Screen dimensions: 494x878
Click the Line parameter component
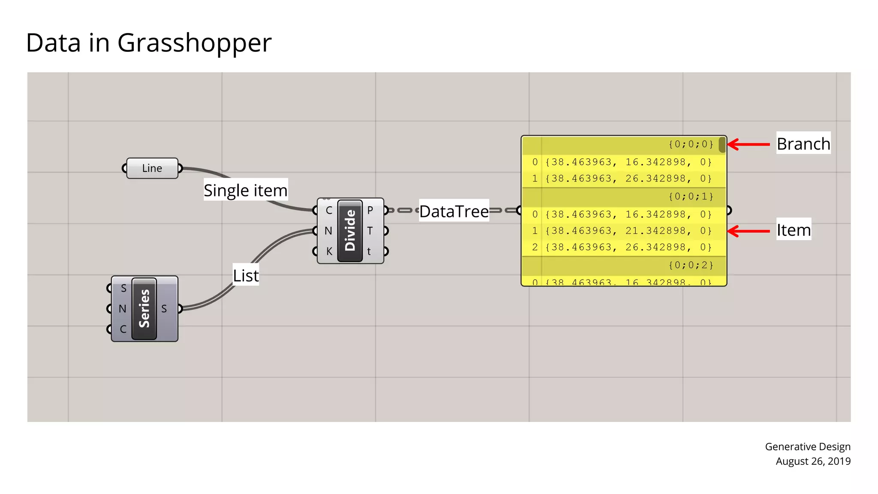pos(152,168)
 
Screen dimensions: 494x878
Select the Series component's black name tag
pos(144,308)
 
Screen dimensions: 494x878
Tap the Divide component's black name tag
pos(350,230)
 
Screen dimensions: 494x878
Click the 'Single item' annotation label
pos(245,190)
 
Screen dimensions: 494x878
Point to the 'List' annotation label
pos(246,275)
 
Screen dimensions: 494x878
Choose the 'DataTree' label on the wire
pos(454,211)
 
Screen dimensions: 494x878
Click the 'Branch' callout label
pos(803,144)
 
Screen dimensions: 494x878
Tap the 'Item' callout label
pos(794,230)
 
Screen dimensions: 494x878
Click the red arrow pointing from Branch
pos(749,145)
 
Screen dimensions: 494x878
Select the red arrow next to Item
pos(749,231)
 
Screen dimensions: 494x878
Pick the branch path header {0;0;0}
pos(691,144)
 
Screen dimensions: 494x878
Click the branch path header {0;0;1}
pos(691,196)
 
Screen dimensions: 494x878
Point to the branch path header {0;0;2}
pos(691,265)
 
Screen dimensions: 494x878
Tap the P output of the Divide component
pos(370,210)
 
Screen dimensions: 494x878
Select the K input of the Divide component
pos(329,251)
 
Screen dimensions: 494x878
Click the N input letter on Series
pos(123,309)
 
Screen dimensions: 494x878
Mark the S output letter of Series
pos(164,309)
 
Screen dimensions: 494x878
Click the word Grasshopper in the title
pos(194,43)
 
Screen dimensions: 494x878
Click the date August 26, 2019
pos(813,461)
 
